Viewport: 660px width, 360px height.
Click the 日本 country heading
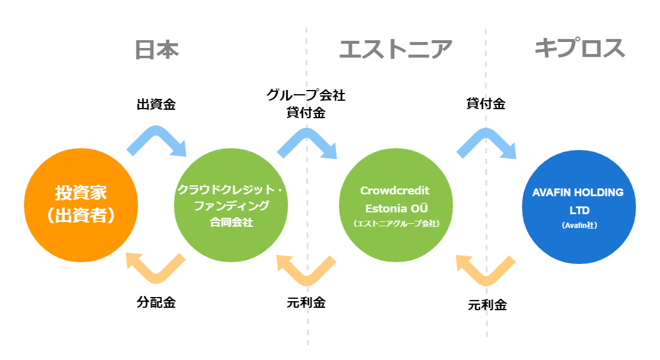click(157, 50)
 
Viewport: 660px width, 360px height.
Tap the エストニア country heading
click(395, 49)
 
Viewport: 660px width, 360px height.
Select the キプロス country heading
click(580, 47)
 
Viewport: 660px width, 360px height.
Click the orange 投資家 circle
click(81, 205)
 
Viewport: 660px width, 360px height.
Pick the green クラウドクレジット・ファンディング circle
click(230, 205)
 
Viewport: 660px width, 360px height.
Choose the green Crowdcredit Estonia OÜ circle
click(395, 205)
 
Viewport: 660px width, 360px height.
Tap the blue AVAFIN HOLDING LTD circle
click(579, 207)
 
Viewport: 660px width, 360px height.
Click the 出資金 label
click(156, 104)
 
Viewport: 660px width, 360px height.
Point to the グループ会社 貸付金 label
click(306, 104)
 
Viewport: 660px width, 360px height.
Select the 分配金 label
click(156, 302)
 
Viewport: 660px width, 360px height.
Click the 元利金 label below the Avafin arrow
click(487, 304)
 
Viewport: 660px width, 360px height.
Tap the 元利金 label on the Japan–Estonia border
click(306, 302)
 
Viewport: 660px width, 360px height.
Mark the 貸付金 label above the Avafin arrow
click(486, 103)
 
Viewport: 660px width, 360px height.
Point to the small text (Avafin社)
click(579, 225)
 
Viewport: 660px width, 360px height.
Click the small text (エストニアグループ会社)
click(396, 223)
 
